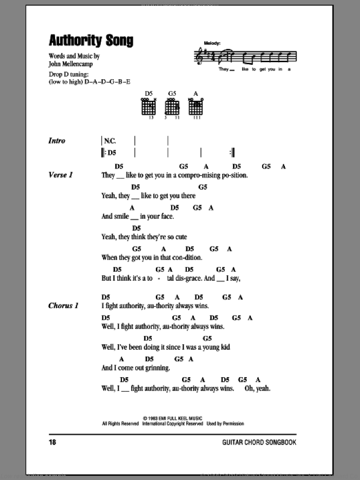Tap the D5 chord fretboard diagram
[x=149, y=106]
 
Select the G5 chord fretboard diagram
[x=172, y=106]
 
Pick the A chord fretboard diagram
[x=194, y=106]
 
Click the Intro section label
[x=57, y=140]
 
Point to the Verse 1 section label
[x=61, y=175]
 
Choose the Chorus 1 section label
[x=63, y=306]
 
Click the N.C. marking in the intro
[x=110, y=140]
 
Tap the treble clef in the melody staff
[x=197, y=56]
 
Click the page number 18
[x=52, y=442]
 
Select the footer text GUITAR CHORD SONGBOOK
[x=259, y=442]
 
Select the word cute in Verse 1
[x=180, y=237]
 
